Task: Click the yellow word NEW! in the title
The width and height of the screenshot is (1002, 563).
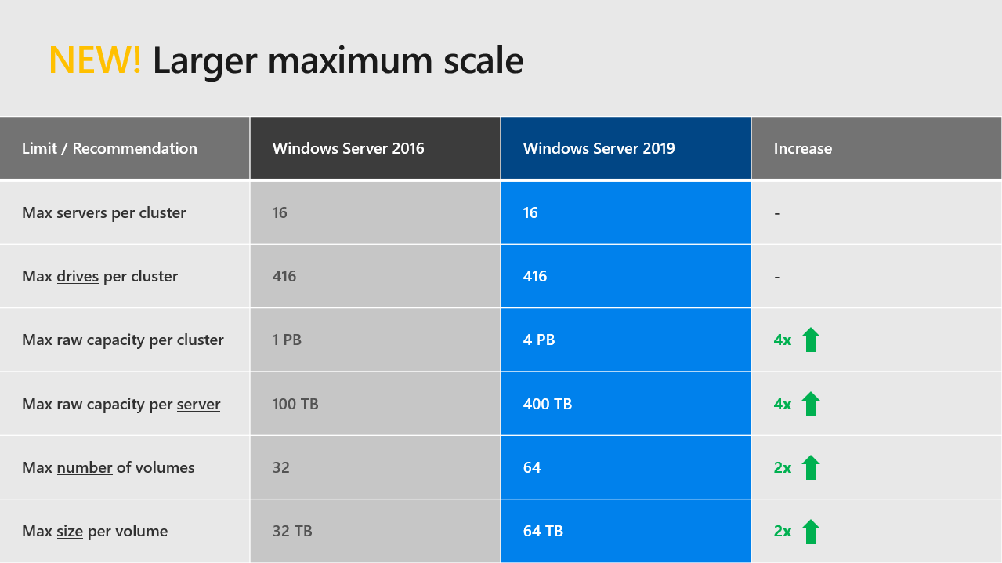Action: [95, 60]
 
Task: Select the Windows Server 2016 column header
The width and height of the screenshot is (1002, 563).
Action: [348, 148]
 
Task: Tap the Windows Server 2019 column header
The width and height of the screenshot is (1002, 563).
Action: [599, 148]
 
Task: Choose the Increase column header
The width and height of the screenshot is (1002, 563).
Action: [802, 148]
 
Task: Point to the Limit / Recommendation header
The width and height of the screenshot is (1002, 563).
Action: [110, 148]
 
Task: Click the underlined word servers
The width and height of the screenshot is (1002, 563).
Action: [81, 212]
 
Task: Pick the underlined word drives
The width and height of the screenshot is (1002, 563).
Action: [78, 276]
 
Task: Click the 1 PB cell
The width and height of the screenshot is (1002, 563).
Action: [287, 340]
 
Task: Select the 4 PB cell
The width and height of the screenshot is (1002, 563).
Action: [539, 340]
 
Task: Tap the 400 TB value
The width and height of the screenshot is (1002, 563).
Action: [547, 404]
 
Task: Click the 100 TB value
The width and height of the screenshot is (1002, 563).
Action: [295, 404]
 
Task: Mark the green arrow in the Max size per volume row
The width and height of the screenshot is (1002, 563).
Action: [811, 531]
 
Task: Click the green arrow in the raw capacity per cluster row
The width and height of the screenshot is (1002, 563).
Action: [811, 340]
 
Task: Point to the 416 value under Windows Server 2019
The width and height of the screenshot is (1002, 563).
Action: [535, 276]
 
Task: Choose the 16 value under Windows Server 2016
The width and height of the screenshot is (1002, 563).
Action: [280, 212]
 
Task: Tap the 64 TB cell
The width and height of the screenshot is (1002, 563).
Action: [543, 531]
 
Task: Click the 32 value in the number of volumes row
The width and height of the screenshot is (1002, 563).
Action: [280, 467]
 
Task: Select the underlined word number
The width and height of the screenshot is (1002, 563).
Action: [85, 467]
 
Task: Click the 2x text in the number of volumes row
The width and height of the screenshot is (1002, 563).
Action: [782, 467]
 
